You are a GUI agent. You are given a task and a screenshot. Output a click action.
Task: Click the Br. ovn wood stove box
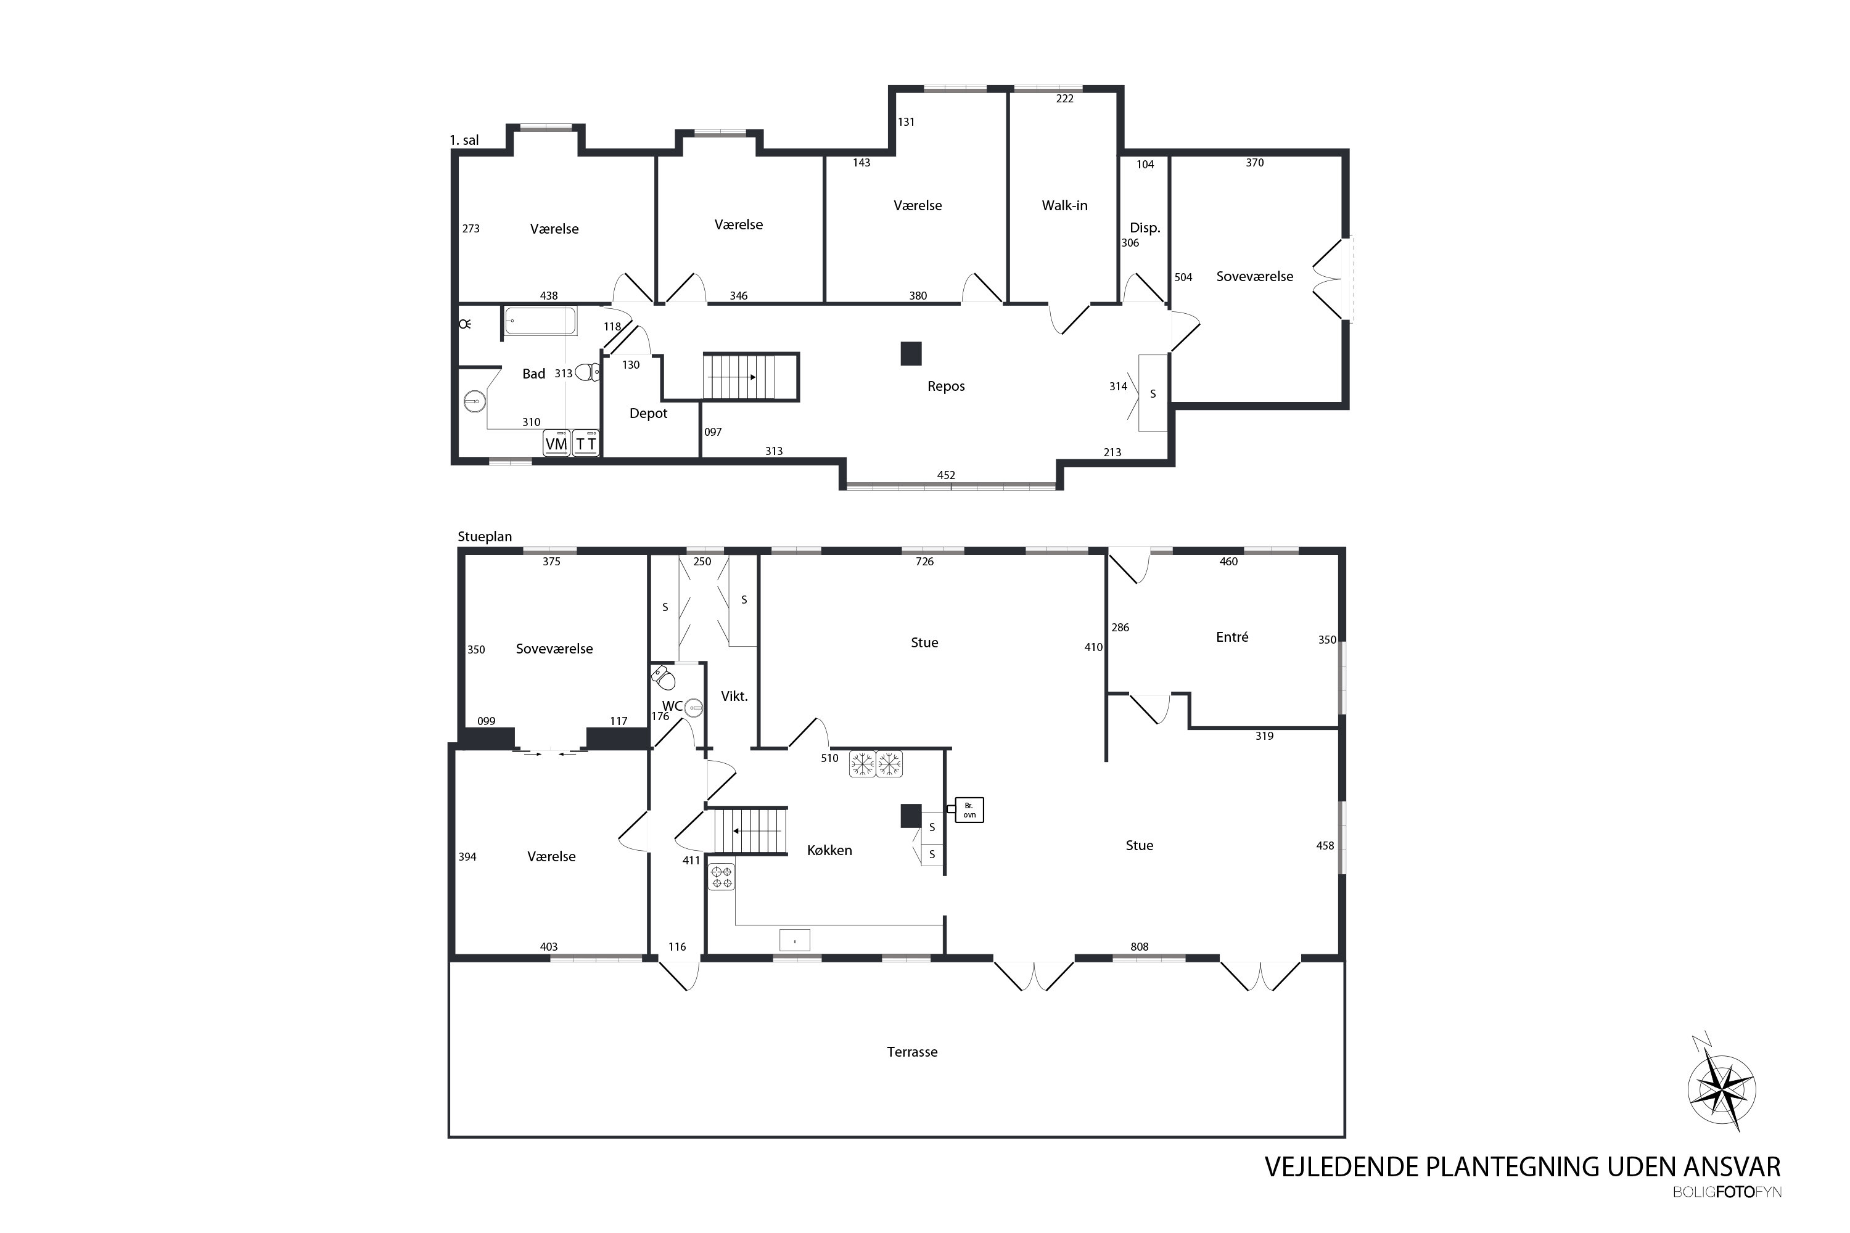pos(969,810)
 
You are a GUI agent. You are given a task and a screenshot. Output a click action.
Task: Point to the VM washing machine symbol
pos(556,443)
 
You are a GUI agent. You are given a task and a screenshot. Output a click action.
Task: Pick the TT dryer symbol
pos(585,443)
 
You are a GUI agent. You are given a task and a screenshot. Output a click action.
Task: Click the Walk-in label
pos(1064,205)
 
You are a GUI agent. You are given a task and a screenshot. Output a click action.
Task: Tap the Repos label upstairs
pos(945,386)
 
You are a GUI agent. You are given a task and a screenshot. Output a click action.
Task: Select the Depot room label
pos(648,414)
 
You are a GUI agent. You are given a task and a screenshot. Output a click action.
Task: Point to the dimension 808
pos(1139,947)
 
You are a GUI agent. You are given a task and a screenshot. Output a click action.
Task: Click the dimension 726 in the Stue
pos(924,562)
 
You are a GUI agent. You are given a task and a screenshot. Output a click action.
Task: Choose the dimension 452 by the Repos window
pos(945,475)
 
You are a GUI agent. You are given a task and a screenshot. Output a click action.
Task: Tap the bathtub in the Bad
pos(540,321)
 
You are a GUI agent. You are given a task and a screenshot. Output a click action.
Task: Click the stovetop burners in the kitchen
pos(721,877)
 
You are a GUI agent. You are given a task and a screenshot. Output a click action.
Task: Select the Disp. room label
pos(1145,228)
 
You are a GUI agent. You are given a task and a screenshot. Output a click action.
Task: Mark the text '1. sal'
pos(464,141)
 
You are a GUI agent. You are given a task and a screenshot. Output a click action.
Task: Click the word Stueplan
pos(485,537)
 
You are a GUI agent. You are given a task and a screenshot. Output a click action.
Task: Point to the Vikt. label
pos(734,696)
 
